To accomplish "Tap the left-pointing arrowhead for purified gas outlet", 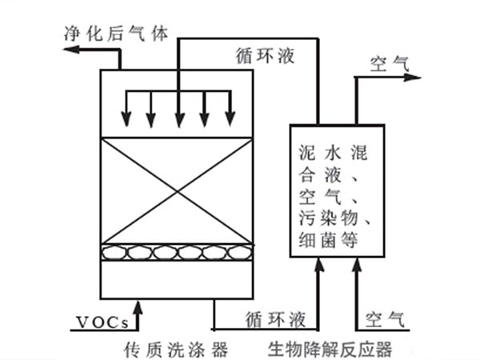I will (x=70, y=50).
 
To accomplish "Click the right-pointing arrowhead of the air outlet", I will (x=414, y=78).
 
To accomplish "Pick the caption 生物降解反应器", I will (x=330, y=349).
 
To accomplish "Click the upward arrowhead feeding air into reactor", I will (x=355, y=271).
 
